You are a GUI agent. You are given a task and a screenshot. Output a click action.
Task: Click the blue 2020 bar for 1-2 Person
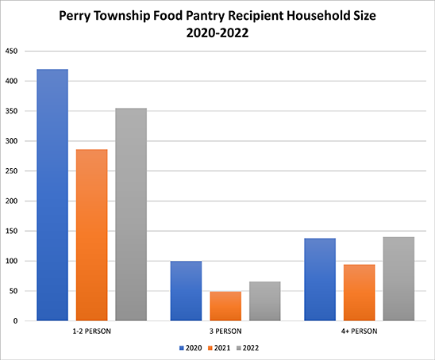(52, 195)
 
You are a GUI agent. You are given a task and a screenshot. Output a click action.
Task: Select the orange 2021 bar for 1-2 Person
(91, 235)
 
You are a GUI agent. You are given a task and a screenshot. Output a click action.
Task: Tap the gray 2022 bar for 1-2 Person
(131, 214)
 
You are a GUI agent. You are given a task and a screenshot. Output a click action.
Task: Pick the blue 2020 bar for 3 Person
(186, 291)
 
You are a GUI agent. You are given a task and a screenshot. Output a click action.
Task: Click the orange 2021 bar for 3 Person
(225, 306)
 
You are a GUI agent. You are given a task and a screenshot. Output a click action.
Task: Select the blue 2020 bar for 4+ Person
(320, 279)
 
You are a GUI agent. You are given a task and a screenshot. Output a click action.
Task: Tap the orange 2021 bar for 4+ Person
(360, 293)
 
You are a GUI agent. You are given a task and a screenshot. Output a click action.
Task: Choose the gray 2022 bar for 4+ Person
(398, 279)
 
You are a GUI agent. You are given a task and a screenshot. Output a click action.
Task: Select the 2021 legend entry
(220, 347)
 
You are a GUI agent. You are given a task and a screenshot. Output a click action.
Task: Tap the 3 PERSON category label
(225, 330)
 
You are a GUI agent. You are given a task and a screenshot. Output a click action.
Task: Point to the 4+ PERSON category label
(360, 330)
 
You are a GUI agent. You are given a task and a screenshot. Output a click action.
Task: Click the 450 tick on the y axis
(12, 51)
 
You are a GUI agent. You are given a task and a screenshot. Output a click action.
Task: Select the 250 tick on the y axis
(12, 171)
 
